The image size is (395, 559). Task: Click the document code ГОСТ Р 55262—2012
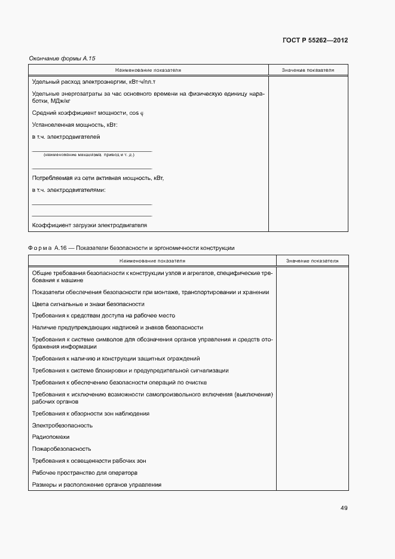click(x=314, y=40)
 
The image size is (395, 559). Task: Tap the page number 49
click(x=344, y=508)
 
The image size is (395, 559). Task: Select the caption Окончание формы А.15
click(x=62, y=59)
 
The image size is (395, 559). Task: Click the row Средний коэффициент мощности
click(x=88, y=112)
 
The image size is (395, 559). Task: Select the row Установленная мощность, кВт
click(x=75, y=124)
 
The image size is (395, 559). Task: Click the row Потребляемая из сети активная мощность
click(x=98, y=178)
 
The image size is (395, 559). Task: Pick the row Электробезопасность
click(x=62, y=426)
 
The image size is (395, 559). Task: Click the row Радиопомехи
click(x=51, y=437)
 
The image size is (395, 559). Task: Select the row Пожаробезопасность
click(x=62, y=448)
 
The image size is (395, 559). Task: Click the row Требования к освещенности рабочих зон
click(x=89, y=461)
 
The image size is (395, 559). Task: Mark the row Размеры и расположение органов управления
click(x=97, y=484)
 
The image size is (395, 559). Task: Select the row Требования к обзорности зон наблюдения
click(x=91, y=414)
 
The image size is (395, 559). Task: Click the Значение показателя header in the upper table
click(x=308, y=70)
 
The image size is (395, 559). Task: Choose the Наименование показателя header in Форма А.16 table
click(x=152, y=261)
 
